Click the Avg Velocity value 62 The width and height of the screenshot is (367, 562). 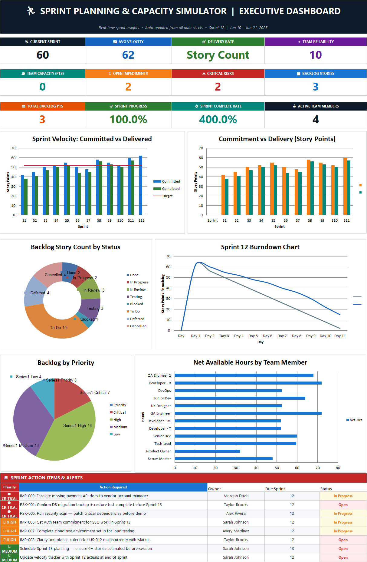128,55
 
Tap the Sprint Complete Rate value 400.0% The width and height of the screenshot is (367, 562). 218,120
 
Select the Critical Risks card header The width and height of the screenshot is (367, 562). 218,74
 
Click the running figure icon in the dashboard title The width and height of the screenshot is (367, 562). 31,11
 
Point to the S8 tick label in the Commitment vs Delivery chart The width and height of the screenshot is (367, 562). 310,220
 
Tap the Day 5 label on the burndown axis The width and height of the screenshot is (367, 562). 253,336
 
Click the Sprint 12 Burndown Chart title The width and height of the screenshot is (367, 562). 260,247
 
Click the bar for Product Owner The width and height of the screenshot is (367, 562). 207,451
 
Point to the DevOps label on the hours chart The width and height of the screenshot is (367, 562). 165,391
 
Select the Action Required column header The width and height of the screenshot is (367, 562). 113,487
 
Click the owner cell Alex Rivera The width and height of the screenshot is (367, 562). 236,514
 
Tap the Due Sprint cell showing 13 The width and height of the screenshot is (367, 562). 292,549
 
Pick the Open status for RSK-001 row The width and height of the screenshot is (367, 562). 343,505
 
